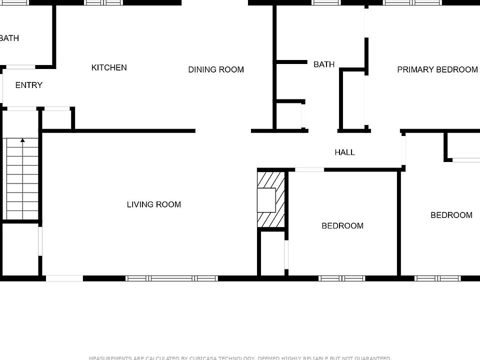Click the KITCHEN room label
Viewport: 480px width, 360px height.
click(109, 67)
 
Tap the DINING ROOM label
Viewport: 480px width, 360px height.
click(216, 69)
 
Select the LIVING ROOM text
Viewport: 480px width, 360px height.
click(153, 204)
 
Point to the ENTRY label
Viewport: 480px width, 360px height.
click(29, 85)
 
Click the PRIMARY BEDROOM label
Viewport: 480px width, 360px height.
click(437, 69)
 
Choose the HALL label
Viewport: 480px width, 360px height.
click(344, 152)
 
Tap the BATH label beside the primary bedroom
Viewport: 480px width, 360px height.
click(324, 64)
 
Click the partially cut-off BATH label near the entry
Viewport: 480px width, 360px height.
click(9, 38)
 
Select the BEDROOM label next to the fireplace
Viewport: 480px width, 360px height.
click(342, 225)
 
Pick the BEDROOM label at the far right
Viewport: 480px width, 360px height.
click(451, 215)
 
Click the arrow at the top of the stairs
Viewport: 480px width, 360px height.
click(22, 141)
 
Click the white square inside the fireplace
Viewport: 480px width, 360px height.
click(266, 200)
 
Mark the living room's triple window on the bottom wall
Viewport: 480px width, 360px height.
click(171, 278)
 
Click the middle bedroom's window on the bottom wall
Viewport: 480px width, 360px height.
click(342, 278)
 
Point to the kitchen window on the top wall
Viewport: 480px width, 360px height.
click(103, 2)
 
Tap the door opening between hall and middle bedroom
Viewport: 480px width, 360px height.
click(309, 169)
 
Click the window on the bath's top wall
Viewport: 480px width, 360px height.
click(326, 2)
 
